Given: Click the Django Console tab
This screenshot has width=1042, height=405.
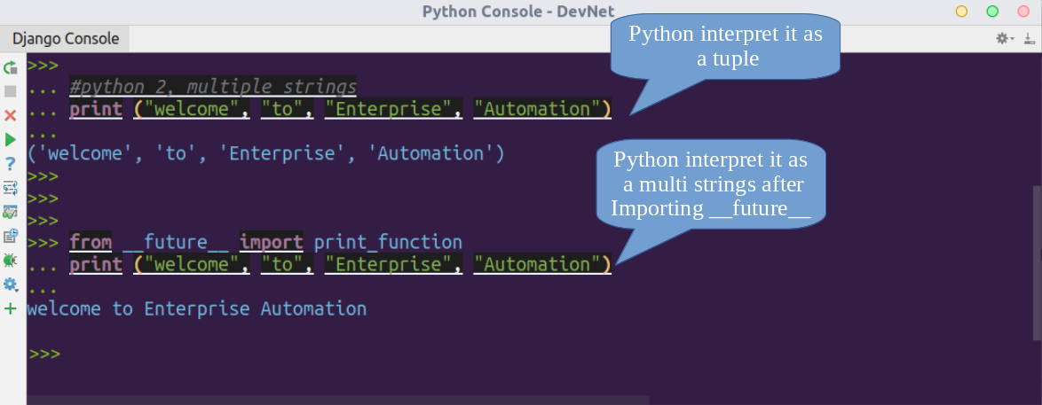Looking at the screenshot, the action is pyautogui.click(x=65, y=38).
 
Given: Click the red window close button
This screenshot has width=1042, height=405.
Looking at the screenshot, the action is pyautogui.click(x=1023, y=12).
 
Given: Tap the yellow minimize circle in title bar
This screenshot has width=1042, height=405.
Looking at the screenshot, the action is pyautogui.click(x=961, y=12).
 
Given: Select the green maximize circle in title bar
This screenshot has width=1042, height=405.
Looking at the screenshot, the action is pyautogui.click(x=992, y=12).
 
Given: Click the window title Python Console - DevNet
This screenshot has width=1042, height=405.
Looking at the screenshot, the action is pyautogui.click(x=518, y=12).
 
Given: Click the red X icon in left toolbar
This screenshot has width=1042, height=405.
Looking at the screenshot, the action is pyautogui.click(x=10, y=115).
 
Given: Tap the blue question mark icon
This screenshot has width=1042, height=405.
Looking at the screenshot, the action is pyautogui.click(x=10, y=163).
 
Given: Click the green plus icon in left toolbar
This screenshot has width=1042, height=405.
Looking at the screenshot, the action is pyautogui.click(x=10, y=308).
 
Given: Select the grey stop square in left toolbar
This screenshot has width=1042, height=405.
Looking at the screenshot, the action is pyautogui.click(x=10, y=91).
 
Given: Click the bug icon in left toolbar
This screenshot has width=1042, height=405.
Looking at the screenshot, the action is pyautogui.click(x=10, y=260).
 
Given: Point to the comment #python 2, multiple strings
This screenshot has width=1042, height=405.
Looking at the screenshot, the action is pyautogui.click(x=213, y=86).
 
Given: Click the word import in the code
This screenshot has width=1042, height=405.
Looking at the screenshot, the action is pyautogui.click(x=271, y=242).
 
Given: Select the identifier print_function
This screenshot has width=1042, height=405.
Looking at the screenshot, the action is pyautogui.click(x=388, y=242).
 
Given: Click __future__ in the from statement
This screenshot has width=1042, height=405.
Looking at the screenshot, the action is pyautogui.click(x=176, y=242).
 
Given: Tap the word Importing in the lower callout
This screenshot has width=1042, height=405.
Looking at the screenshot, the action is pyautogui.click(x=657, y=208).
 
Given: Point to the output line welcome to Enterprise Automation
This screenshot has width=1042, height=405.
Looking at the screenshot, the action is pyautogui.click(x=197, y=308).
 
